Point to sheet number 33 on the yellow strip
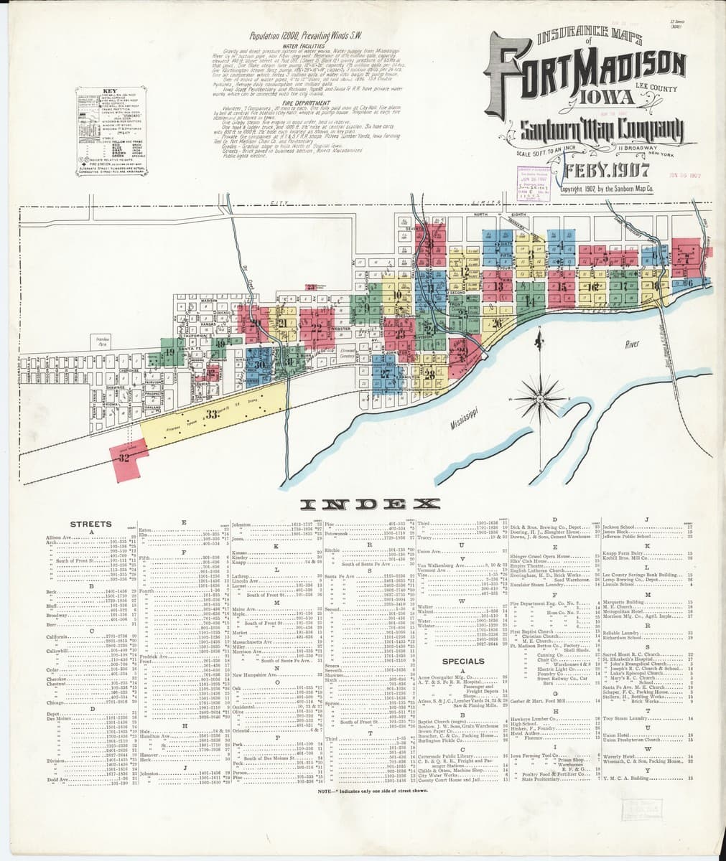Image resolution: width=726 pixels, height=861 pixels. point(211,413)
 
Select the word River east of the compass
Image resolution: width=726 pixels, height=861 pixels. point(632,344)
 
